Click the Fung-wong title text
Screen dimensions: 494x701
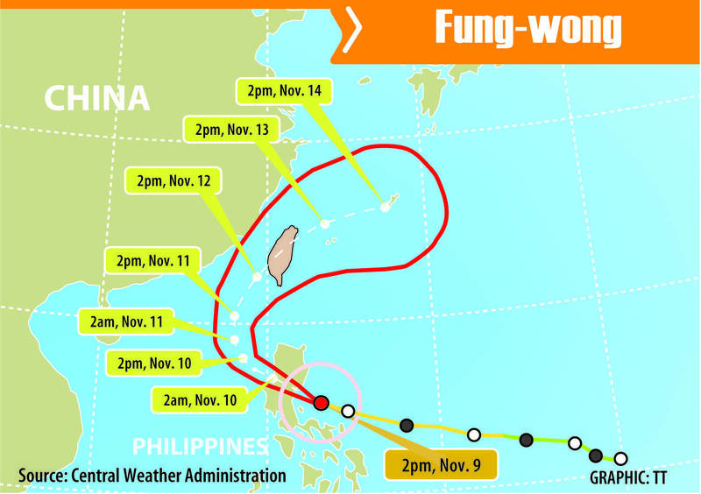[528, 32]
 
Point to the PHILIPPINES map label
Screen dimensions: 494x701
[199, 446]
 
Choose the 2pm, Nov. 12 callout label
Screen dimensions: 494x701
[172, 183]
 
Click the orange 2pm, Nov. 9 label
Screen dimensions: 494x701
[439, 462]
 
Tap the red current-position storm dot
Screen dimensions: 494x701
[321, 402]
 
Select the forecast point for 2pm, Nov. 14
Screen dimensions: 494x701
[384, 208]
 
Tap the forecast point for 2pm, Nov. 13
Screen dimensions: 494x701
[325, 224]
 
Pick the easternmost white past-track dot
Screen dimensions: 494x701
[620, 458]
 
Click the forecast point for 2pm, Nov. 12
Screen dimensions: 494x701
[257, 277]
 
